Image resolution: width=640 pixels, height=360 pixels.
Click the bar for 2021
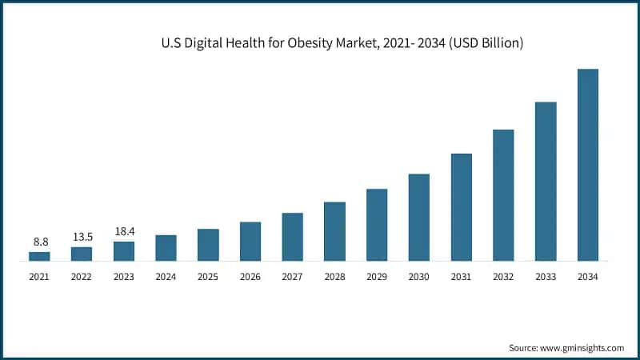pyautogui.click(x=39, y=256)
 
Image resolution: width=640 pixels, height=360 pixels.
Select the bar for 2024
pyautogui.click(x=166, y=248)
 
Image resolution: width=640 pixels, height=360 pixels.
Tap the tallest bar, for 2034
pyautogui.click(x=587, y=165)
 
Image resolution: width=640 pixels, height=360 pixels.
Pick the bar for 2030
pyautogui.click(x=418, y=218)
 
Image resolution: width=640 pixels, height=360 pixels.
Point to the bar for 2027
pyautogui.click(x=292, y=237)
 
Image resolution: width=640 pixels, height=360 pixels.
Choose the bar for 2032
pyautogui.click(x=503, y=195)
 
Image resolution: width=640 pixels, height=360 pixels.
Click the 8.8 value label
pyautogui.click(x=39, y=241)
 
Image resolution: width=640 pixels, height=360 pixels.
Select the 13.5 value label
pyautogui.click(x=82, y=236)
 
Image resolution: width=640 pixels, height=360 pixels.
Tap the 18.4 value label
pyautogui.click(x=124, y=230)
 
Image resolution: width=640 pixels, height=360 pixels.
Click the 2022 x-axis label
pyautogui.click(x=82, y=277)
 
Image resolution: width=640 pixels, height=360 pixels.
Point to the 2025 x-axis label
pyautogui.click(x=208, y=277)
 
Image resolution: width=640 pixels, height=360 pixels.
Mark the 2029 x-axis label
pyautogui.click(x=377, y=277)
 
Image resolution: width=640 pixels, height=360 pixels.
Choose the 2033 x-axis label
pyautogui.click(x=546, y=277)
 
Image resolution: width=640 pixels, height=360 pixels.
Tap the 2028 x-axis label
pyautogui.click(x=334, y=277)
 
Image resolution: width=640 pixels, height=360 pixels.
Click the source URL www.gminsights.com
pyautogui.click(x=582, y=348)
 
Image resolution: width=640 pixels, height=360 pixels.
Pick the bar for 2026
pyautogui.click(x=250, y=241)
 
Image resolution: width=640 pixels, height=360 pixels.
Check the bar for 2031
pyautogui.click(x=461, y=207)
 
